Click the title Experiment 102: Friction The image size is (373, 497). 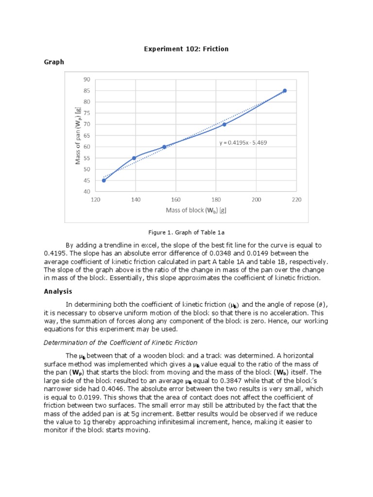click(186, 49)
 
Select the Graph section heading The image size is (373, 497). click(54, 62)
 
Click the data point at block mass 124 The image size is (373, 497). click(104, 180)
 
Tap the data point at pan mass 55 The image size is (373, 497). click(134, 158)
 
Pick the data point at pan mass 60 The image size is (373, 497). click(164, 147)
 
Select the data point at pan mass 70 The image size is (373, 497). click(224, 124)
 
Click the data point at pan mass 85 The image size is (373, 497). click(285, 91)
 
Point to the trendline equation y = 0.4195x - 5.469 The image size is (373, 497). click(243, 143)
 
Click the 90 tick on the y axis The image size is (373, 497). click(86, 79)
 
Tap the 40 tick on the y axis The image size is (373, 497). click(86, 192)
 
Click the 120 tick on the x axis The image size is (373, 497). click(96, 199)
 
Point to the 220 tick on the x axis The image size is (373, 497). click(297, 199)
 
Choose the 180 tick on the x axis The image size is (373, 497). click(216, 199)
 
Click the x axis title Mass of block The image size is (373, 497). click(196, 210)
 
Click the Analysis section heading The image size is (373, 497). click(58, 291)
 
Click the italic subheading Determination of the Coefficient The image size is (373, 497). click(120, 343)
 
